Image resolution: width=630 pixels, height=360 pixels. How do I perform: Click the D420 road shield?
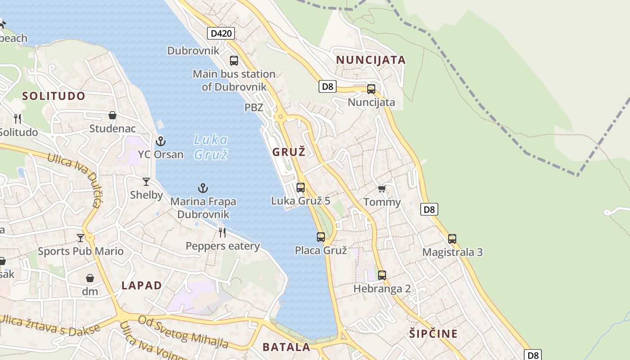(x=221, y=33)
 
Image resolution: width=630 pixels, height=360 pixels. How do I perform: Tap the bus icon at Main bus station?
(x=234, y=61)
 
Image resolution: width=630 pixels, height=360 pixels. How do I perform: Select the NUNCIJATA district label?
(x=371, y=60)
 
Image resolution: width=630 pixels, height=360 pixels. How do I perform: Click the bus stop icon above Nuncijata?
(x=371, y=89)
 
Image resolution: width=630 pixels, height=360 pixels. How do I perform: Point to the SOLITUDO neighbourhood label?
(x=54, y=96)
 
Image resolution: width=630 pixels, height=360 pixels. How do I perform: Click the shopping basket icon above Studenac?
(x=112, y=116)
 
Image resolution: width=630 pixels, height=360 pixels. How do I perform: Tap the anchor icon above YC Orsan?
(x=161, y=141)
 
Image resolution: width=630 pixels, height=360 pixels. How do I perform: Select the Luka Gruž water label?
(x=211, y=147)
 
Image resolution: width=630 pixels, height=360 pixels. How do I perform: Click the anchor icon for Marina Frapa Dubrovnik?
(x=203, y=188)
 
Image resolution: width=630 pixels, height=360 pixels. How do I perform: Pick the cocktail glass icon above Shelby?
(x=146, y=182)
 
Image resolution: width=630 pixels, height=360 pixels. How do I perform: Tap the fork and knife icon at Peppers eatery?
(x=222, y=232)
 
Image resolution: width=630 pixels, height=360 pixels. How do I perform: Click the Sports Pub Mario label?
(x=81, y=251)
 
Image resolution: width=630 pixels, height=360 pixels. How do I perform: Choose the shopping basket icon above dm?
(x=90, y=278)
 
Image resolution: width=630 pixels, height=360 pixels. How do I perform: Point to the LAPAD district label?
(x=142, y=285)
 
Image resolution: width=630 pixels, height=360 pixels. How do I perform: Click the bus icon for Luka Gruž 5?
(x=301, y=188)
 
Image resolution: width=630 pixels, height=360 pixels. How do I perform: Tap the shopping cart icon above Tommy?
(x=382, y=189)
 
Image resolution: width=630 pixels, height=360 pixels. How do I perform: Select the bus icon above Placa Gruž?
(x=321, y=237)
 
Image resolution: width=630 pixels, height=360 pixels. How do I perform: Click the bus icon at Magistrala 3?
(x=452, y=239)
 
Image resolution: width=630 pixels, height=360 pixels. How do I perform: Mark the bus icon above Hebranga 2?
(x=382, y=275)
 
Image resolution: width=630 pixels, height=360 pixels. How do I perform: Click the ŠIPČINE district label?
(x=433, y=333)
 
